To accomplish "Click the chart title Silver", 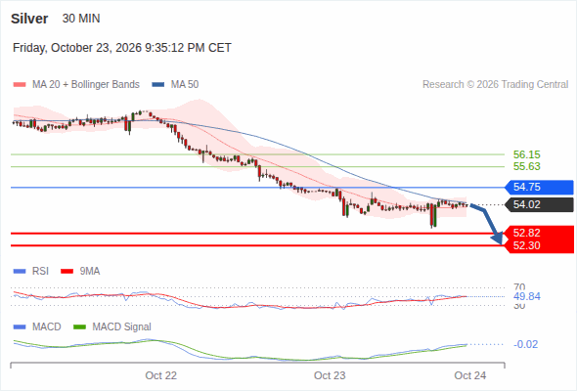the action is click(29, 19).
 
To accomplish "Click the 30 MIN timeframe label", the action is click(81, 19).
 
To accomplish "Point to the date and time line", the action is click(122, 48).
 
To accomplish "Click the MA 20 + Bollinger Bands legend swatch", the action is click(20, 85).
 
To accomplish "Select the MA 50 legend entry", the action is click(175, 85).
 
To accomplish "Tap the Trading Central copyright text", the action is click(495, 85).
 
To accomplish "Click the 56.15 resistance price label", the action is click(526, 154).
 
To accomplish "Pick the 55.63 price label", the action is click(526, 166).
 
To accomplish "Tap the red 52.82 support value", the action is click(526, 233).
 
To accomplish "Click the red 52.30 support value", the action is click(526, 245).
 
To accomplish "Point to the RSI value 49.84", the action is click(526, 296).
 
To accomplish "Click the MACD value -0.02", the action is click(525, 344).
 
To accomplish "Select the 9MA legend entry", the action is click(80, 271).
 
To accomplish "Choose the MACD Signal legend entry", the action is click(112, 326).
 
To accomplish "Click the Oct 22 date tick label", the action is click(160, 375).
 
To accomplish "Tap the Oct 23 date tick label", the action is click(330, 375).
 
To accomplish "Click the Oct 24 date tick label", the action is click(470, 375).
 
